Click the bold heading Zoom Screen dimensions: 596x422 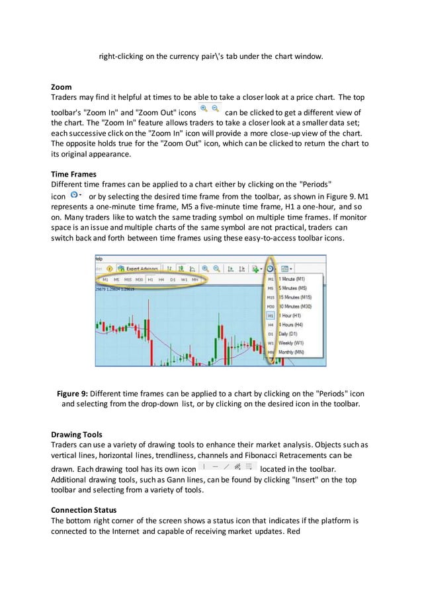pos(62,87)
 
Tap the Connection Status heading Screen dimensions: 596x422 pos(84,511)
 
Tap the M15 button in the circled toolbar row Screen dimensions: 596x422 pos(127,280)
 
